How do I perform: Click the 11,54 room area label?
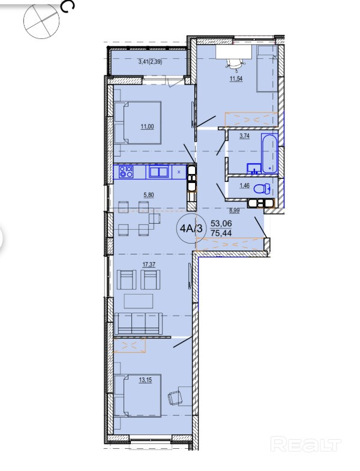(236, 79)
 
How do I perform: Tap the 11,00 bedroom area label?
(147, 127)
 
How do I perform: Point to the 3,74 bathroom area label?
(244, 136)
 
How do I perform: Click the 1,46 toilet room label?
(244, 185)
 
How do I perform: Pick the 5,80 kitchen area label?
(149, 195)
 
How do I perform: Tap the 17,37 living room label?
(149, 265)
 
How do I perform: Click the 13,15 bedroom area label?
(145, 380)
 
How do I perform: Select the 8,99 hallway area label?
(235, 211)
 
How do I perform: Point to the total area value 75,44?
(221, 233)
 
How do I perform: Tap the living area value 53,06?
(221, 223)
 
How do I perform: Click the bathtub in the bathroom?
(269, 153)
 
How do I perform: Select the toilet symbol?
(262, 189)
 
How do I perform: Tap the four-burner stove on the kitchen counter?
(126, 172)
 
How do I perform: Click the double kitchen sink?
(158, 172)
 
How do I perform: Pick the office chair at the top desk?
(235, 64)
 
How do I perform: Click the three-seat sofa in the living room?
(139, 323)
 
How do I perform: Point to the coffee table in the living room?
(139, 301)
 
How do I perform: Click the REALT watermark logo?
(305, 444)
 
